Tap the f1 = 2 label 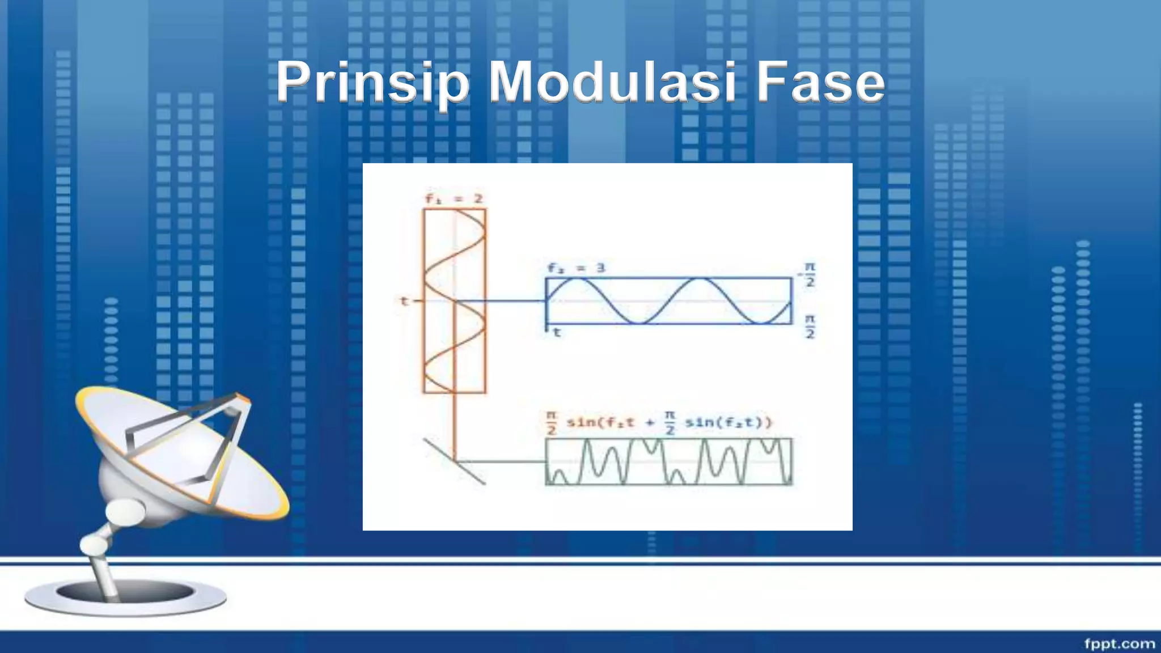[x=454, y=199]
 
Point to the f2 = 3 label [x=576, y=268]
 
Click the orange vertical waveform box [x=455, y=300]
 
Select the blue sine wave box [x=669, y=301]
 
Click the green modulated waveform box [x=669, y=461]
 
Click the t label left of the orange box [x=404, y=301]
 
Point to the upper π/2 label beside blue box [x=810, y=274]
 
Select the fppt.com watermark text [x=1119, y=643]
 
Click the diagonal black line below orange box [x=454, y=461]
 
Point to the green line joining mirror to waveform [x=502, y=461]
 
